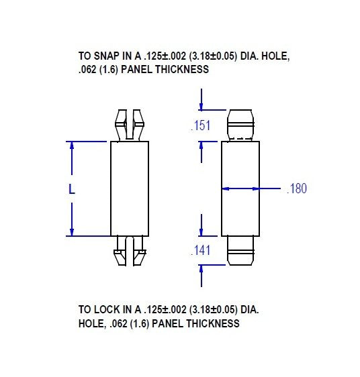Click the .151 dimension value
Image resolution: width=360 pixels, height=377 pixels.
click(201, 125)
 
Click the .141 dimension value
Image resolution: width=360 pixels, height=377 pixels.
click(201, 251)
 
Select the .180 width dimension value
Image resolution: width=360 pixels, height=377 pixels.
click(296, 189)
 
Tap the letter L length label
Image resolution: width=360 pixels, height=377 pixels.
click(73, 190)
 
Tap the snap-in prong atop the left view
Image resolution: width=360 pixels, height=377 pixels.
click(130, 124)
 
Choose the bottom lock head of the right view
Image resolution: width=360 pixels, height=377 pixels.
click(241, 251)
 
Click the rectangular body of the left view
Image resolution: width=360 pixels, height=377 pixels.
click(130, 188)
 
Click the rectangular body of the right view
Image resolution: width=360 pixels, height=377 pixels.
click(241, 188)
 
